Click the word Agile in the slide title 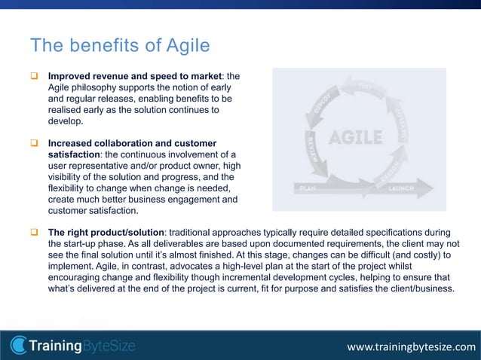[185, 47]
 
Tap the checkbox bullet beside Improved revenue [34, 76]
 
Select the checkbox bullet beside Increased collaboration [34, 143]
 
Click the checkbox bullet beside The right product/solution [34, 232]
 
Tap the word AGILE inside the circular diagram [356, 138]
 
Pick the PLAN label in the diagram [308, 188]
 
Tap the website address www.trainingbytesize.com [411, 347]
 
